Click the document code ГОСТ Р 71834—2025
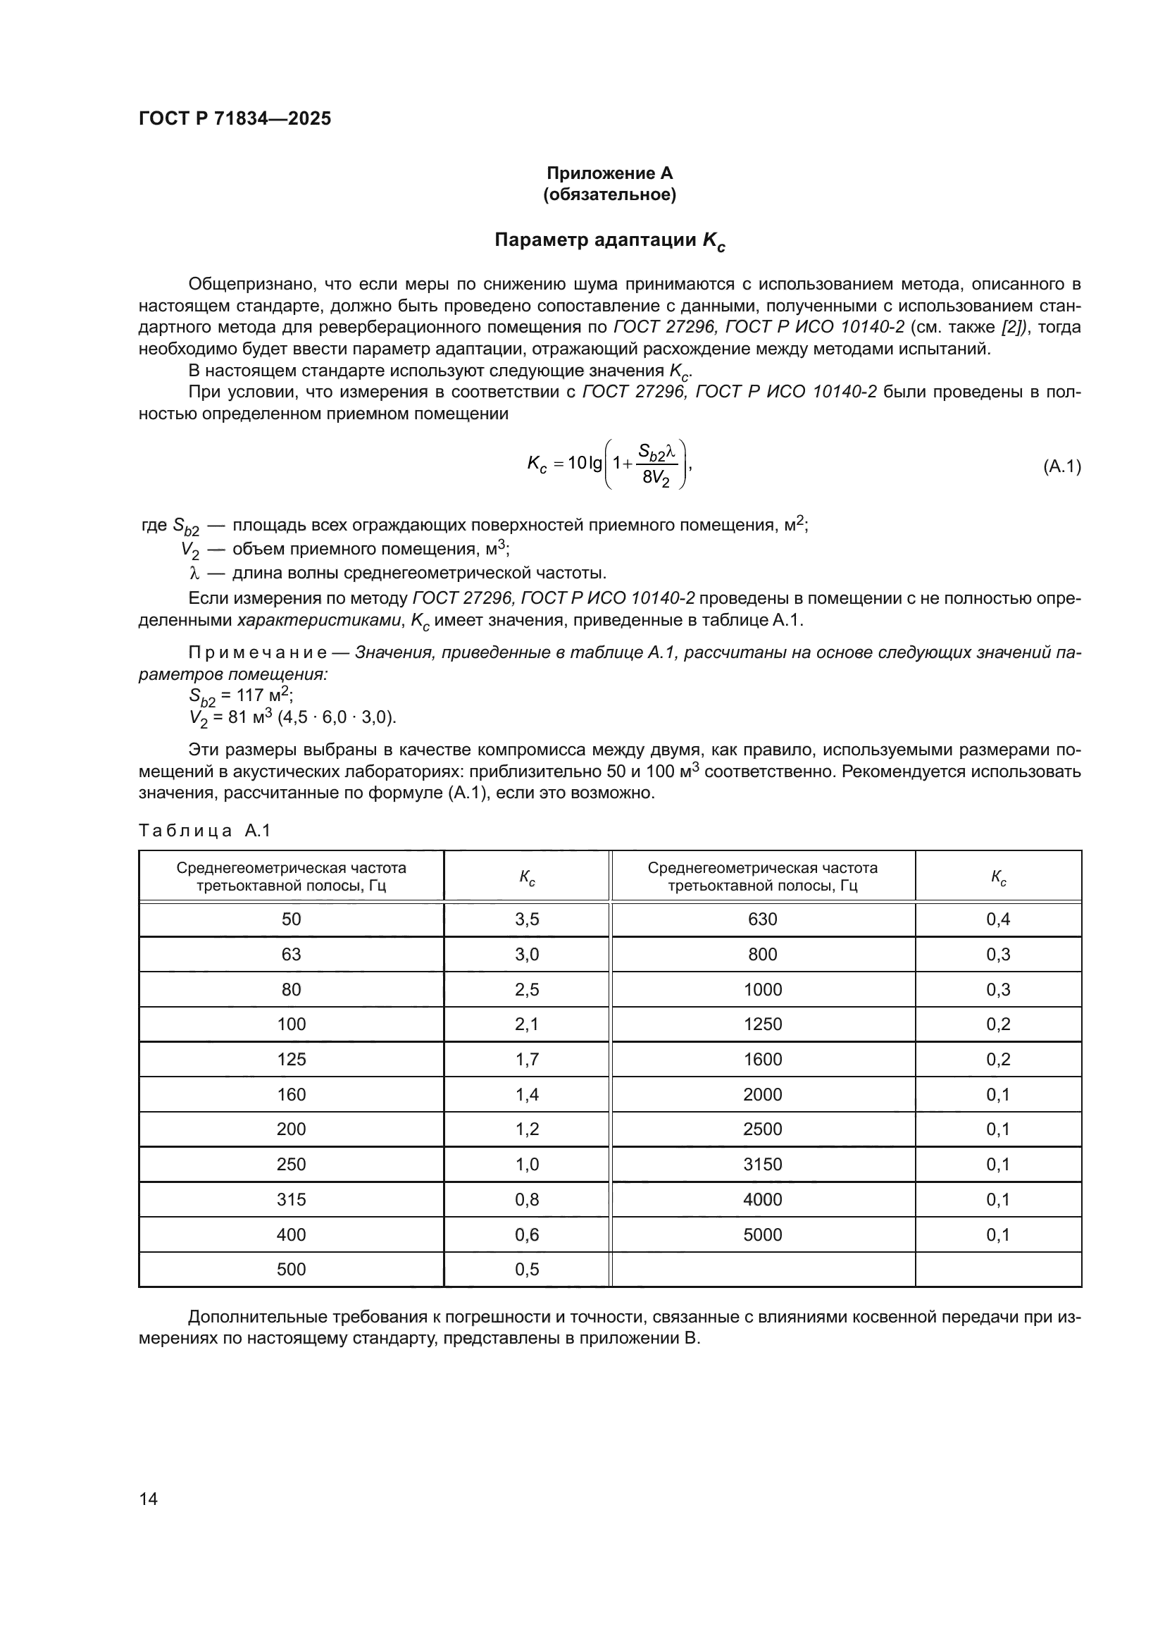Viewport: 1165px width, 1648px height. click(235, 118)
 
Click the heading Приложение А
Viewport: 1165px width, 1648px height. click(609, 173)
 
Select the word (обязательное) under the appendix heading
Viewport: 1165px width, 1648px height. click(609, 194)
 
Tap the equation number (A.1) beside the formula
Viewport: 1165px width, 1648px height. click(1061, 466)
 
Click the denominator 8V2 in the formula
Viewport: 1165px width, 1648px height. click(656, 478)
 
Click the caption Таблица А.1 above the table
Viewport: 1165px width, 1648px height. click(204, 831)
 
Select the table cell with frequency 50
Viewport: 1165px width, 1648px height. click(292, 919)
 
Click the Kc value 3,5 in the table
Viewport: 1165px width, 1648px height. click(527, 919)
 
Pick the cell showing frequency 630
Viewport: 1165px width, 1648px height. click(762, 919)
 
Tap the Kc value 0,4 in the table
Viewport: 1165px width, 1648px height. click(998, 919)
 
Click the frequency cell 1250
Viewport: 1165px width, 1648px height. click(762, 1024)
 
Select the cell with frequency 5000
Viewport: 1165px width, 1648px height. click(762, 1234)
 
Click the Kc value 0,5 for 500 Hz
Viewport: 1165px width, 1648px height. click(527, 1270)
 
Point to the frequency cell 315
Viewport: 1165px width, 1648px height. click(292, 1199)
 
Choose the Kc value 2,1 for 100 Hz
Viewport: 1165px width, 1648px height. click(527, 1024)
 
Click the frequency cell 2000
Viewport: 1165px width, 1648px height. click(762, 1095)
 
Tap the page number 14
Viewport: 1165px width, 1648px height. click(149, 1499)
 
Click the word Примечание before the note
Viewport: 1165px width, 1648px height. click(258, 652)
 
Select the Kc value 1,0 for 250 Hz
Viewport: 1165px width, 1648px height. click(527, 1164)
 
